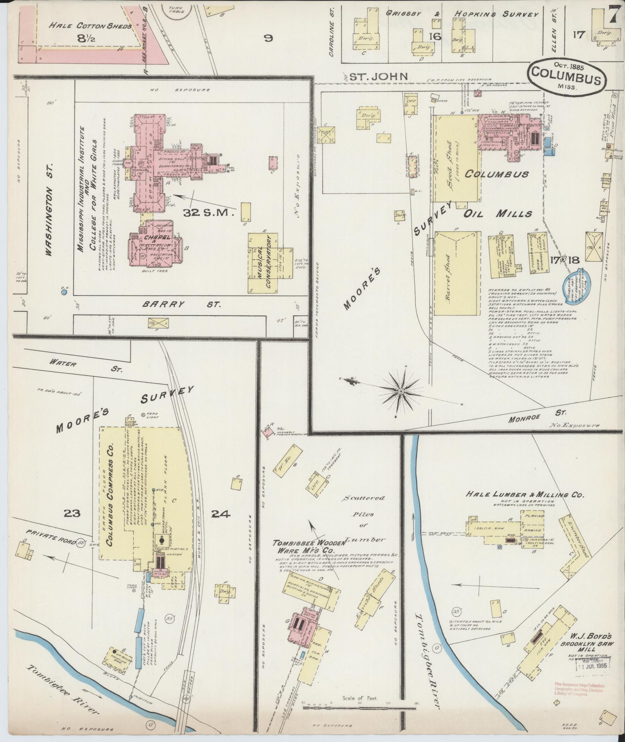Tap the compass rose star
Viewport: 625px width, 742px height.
click(402, 393)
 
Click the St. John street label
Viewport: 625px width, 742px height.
click(378, 76)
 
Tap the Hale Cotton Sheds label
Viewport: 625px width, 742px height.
click(90, 26)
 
